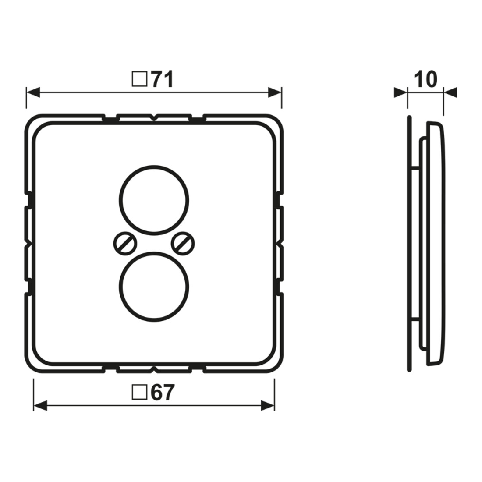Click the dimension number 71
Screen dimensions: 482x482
coord(162,80)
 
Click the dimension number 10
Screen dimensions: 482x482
coord(425,79)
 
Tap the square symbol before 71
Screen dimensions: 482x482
coord(139,79)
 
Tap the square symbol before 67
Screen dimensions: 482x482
coord(139,393)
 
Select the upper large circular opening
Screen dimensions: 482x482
coord(154,201)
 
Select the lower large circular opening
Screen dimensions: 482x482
coord(154,287)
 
